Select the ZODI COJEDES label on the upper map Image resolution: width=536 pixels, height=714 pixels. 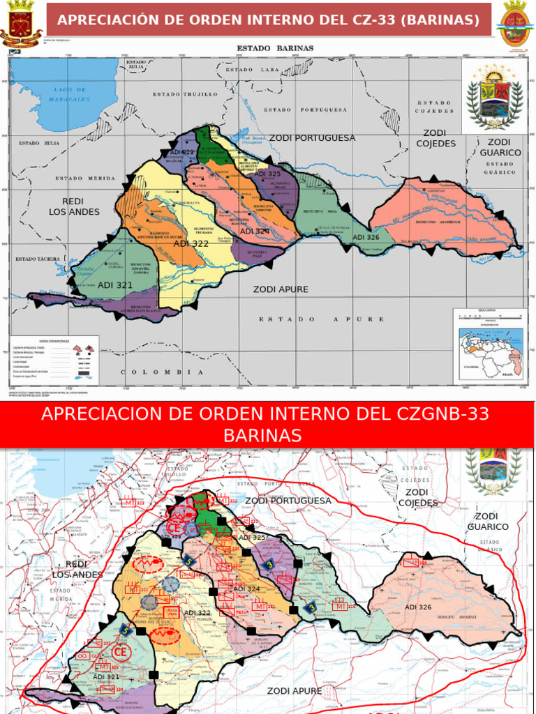tap(435, 138)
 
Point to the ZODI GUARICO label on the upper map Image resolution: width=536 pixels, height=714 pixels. tap(500, 147)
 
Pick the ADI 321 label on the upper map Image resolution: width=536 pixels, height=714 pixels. tap(115, 285)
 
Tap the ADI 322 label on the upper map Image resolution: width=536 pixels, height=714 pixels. tap(191, 243)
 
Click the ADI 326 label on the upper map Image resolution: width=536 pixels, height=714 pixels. tap(366, 237)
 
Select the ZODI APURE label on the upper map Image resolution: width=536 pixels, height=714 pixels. tap(281, 289)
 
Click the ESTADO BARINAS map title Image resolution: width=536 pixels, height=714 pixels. tap(276, 48)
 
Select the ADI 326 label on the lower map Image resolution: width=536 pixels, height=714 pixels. tap(418, 607)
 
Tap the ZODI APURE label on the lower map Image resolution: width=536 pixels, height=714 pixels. tap(295, 691)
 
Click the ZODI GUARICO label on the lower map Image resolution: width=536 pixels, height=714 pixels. tap(491, 522)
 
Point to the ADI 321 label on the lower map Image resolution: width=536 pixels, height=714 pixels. tap(106, 677)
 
